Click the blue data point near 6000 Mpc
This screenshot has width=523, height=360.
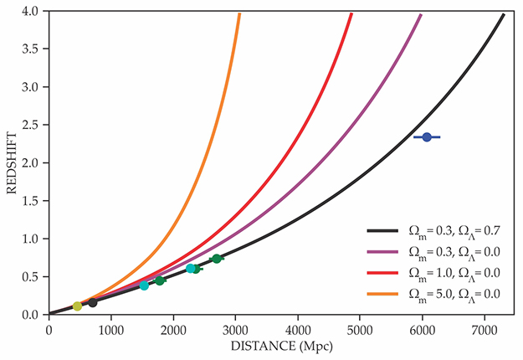427,136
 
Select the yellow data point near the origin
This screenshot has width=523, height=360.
77,306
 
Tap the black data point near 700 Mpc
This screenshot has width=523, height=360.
92,302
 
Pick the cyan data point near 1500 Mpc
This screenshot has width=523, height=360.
144,285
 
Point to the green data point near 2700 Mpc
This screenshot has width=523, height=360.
217,259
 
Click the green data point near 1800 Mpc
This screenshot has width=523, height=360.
159,280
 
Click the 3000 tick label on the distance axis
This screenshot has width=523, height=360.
236,328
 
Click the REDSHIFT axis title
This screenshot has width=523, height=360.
12,162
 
